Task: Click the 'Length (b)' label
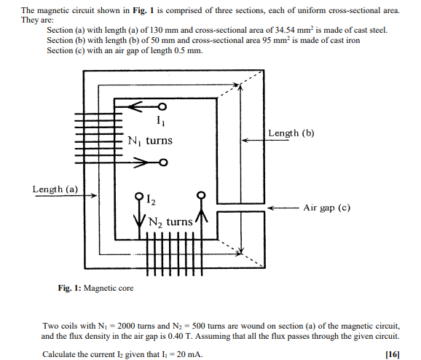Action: pyautogui.click(x=291, y=133)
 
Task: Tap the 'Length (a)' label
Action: pyautogui.click(x=55, y=189)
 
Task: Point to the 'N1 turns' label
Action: pyautogui.click(x=149, y=140)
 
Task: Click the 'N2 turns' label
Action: pyautogui.click(x=170, y=222)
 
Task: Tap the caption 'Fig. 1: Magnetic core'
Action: pyautogui.click(x=95, y=289)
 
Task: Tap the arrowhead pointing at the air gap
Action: pyautogui.click(x=270, y=208)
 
